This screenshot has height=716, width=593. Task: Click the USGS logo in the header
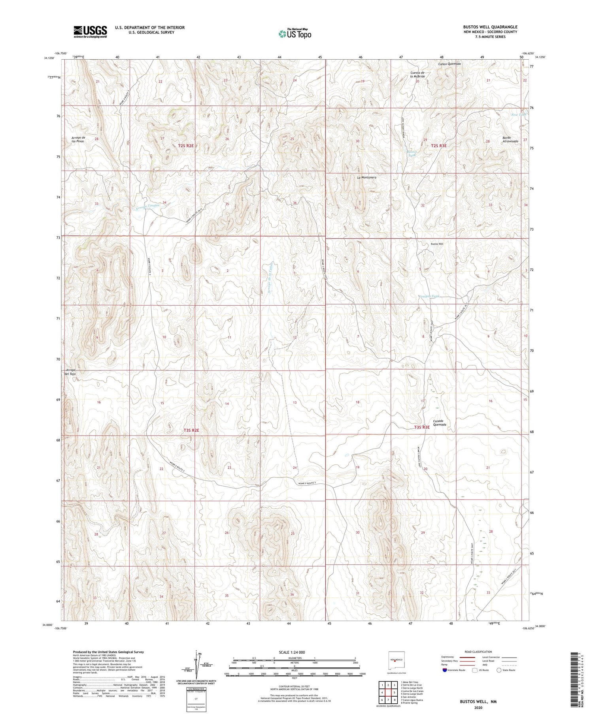[90, 32]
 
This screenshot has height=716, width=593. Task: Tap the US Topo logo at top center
[295, 34]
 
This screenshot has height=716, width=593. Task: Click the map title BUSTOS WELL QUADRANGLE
[490, 27]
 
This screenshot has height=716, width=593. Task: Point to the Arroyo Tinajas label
[147, 205]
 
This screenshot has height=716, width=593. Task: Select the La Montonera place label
[366, 177]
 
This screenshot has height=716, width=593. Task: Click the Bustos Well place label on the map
[437, 244]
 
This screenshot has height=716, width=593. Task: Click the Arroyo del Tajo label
[70, 372]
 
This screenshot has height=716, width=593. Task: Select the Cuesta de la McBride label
[417, 74]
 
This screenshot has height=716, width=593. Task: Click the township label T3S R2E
[191, 430]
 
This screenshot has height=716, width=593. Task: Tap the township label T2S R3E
[439, 146]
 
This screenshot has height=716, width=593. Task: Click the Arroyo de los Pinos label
[77, 139]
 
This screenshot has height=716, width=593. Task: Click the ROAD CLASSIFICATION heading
[478, 652]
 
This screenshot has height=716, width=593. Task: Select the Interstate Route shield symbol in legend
[445, 670]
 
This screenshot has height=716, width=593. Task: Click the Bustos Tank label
[412, 153]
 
